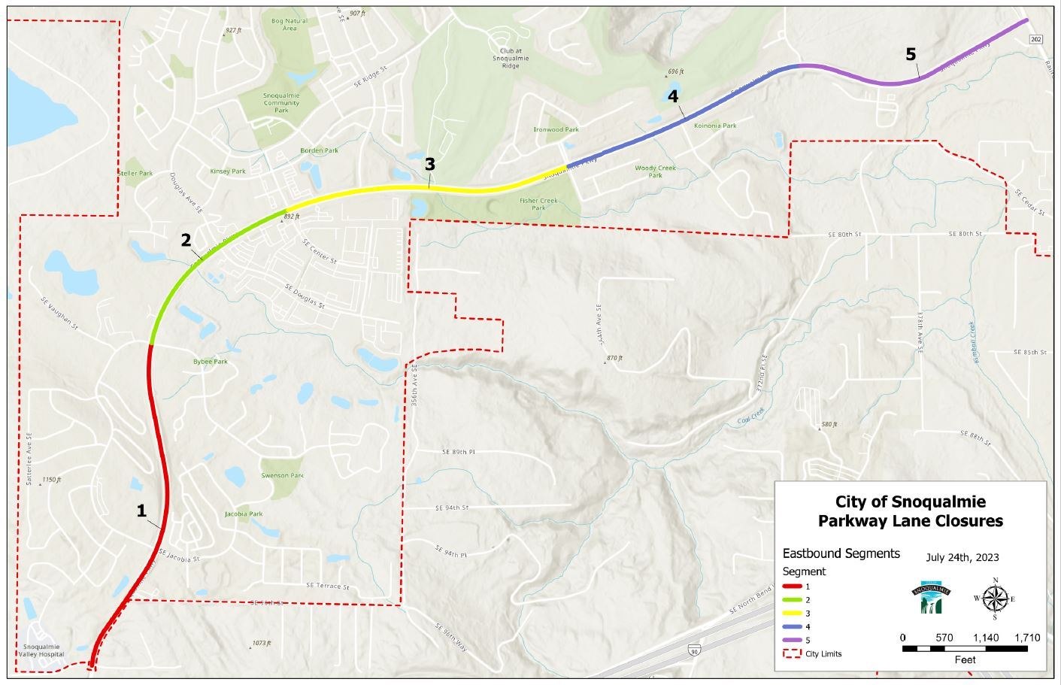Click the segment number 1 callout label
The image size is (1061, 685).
click(x=141, y=511)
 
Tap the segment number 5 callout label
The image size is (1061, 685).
click(x=911, y=54)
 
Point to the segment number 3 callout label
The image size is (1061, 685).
click(x=429, y=164)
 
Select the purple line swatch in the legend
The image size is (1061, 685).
click(x=790, y=640)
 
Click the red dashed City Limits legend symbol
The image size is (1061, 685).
click(x=790, y=653)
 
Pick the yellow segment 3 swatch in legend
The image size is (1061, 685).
click(x=790, y=613)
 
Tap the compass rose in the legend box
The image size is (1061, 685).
click(x=995, y=599)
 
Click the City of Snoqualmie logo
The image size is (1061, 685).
click(x=932, y=598)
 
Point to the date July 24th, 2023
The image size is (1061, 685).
click(x=962, y=557)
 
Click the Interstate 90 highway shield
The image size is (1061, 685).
click(x=693, y=648)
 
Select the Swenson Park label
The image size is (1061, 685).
click(x=282, y=475)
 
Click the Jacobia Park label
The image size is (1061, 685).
click(x=244, y=514)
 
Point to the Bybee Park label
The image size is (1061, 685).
click(x=210, y=362)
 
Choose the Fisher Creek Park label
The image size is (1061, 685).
click(x=538, y=204)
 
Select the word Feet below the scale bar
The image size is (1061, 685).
click(x=965, y=659)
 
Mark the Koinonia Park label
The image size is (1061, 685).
click(x=715, y=126)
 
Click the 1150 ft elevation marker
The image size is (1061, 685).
click(x=51, y=479)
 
